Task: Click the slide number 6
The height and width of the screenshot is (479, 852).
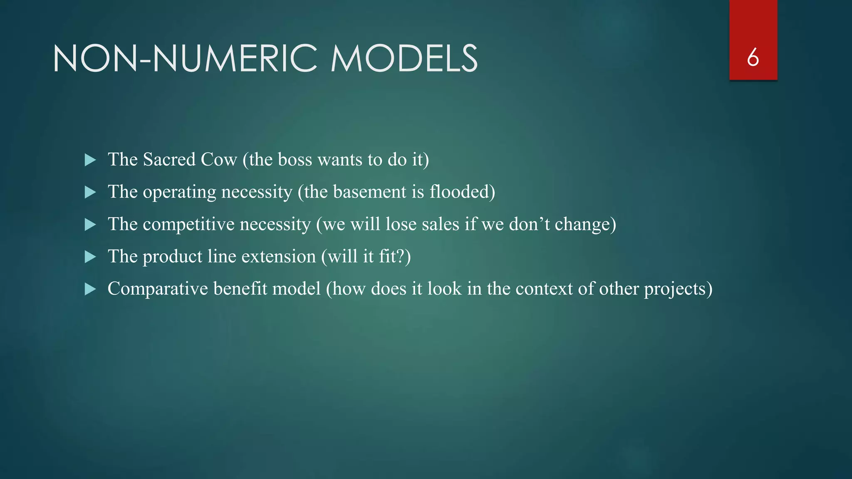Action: tap(753, 57)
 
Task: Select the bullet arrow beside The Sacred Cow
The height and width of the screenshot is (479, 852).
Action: tap(90, 160)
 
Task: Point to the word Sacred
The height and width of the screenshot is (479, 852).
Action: tap(169, 160)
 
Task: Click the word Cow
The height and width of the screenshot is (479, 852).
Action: tap(219, 160)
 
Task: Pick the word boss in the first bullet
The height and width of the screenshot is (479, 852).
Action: tap(295, 160)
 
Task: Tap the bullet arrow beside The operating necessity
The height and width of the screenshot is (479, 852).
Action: tap(90, 192)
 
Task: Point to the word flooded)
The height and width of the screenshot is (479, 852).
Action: tap(462, 192)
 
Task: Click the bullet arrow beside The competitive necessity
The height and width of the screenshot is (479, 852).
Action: tap(90, 225)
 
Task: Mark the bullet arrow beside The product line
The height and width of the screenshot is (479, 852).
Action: tap(90, 257)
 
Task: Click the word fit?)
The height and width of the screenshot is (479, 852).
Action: tap(395, 257)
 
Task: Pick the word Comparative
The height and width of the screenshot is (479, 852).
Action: tap(158, 289)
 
